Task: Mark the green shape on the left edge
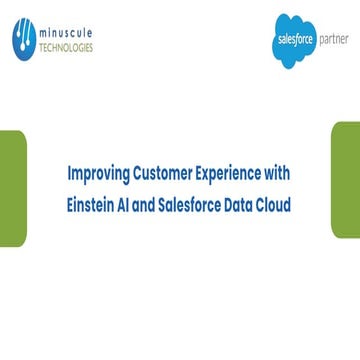(11, 185)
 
